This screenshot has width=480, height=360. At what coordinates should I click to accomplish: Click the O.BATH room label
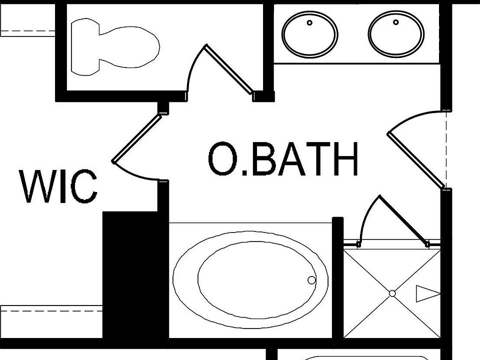(283, 159)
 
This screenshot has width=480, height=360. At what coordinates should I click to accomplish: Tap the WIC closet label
(58, 186)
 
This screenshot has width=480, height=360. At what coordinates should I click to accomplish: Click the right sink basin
(396, 34)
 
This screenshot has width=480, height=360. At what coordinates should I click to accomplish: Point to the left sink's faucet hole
(309, 22)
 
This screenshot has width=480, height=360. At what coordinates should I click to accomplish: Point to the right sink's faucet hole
(396, 22)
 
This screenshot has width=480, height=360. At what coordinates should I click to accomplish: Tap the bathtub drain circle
(311, 280)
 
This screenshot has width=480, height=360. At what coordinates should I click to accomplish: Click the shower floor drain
(392, 293)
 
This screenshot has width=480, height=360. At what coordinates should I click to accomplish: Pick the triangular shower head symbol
(426, 293)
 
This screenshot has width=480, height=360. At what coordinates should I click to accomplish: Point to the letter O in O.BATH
(223, 159)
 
